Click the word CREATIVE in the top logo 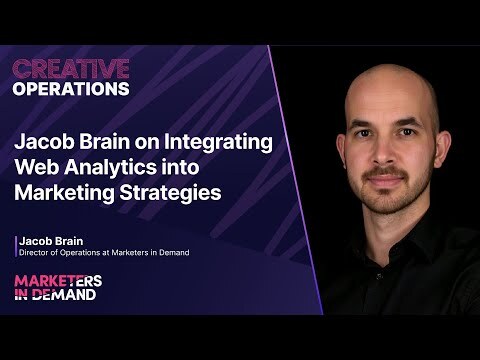coord(70,68)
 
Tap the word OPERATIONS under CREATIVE coord(70,87)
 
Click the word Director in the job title coord(37,252)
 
